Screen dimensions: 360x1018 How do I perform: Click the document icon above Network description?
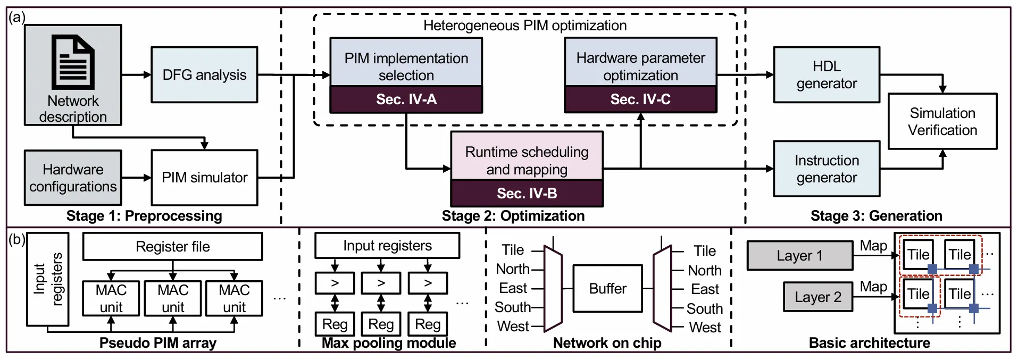click(73, 62)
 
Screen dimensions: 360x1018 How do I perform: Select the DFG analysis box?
click(204, 75)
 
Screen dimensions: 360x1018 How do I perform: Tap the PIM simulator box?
click(204, 178)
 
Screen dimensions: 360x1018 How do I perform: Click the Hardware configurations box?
click(73, 178)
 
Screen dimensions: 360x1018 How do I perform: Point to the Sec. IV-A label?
click(406, 99)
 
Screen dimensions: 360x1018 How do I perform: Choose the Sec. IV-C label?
click(640, 99)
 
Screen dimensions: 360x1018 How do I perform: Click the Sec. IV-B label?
click(527, 194)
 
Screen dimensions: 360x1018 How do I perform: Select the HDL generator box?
click(826, 75)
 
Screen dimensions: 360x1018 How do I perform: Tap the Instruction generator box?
click(826, 169)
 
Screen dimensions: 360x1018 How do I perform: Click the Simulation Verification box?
click(942, 121)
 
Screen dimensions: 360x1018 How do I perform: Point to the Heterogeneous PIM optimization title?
click(524, 26)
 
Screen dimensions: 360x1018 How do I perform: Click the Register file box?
click(172, 247)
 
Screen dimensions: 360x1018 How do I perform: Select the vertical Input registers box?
click(48, 279)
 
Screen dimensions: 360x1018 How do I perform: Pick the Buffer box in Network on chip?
click(607, 289)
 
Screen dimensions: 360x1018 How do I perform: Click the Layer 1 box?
click(799, 256)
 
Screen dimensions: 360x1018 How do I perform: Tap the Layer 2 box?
click(817, 297)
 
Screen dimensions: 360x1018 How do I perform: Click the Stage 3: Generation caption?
click(876, 216)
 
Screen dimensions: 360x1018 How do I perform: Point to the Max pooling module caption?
click(389, 343)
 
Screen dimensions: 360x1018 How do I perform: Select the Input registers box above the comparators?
click(387, 246)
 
